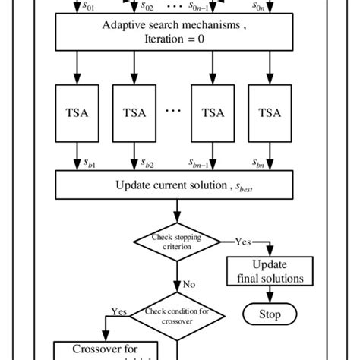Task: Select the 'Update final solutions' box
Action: pyautogui.click(x=270, y=272)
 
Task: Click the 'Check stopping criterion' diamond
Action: pyautogui.click(x=177, y=241)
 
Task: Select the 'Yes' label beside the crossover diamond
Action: pyautogui.click(x=119, y=311)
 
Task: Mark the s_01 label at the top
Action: pyautogui.click(x=90, y=7)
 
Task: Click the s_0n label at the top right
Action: pyautogui.click(x=282, y=7)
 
